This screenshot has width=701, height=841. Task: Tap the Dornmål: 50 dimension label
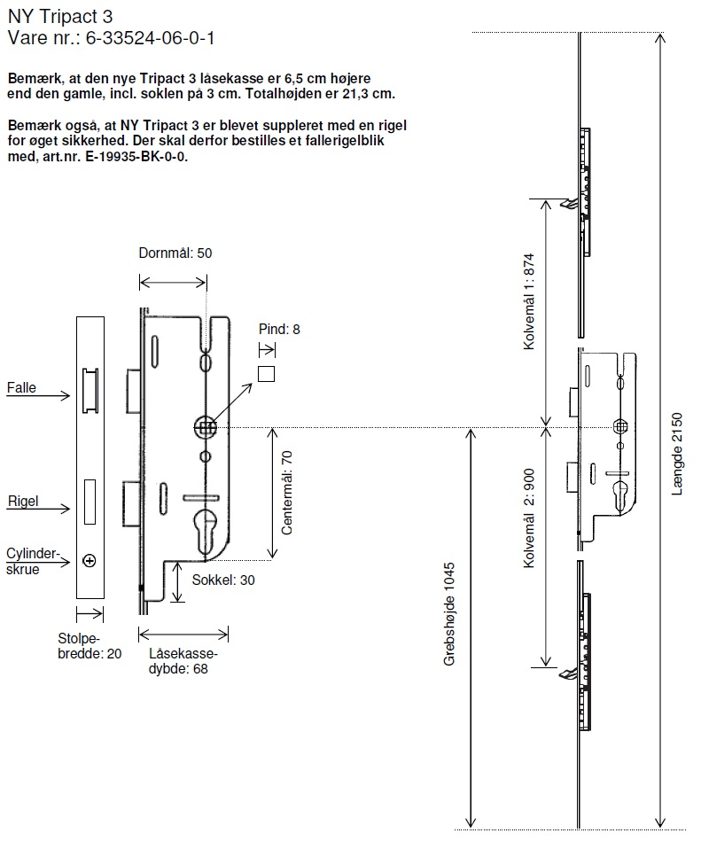[175, 253]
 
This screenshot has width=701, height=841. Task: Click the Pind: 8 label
[279, 330]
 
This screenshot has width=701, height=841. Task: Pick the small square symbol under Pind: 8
[266, 373]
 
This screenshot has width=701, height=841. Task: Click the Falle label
[21, 388]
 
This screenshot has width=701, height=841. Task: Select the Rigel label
[22, 502]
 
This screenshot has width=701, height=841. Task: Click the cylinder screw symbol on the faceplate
[90, 560]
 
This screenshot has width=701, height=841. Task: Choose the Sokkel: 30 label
[223, 580]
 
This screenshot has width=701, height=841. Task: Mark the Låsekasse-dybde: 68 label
[183, 662]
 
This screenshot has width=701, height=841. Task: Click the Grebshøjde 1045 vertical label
[449, 614]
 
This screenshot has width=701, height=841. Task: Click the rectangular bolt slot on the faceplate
[90, 501]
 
